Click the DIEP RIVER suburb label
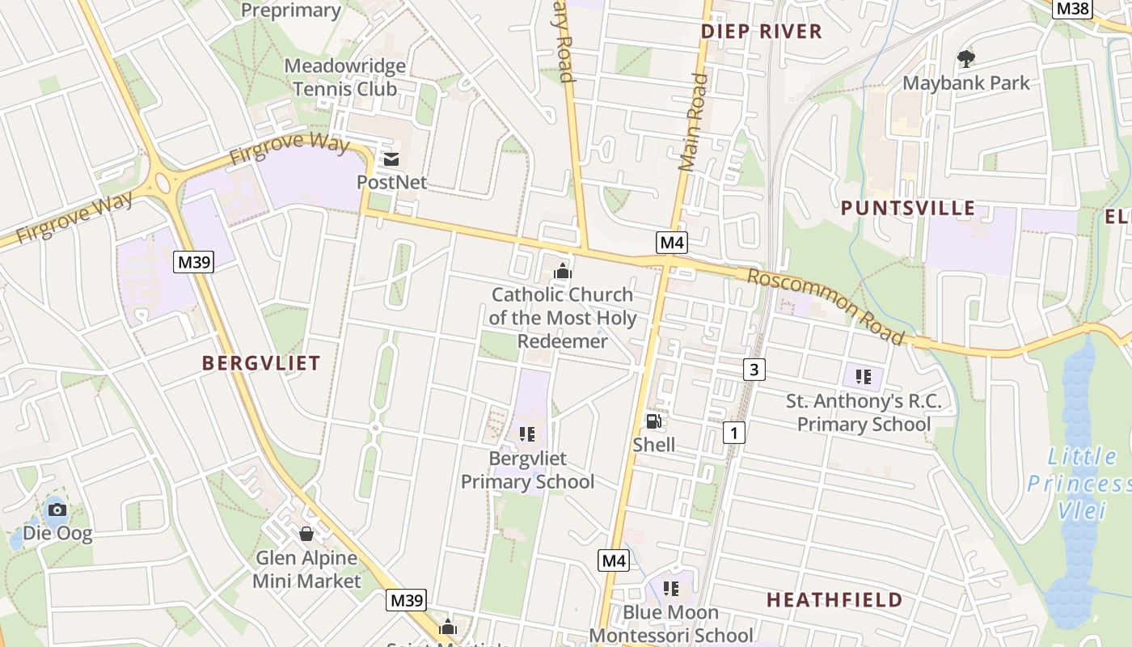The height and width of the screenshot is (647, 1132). click(761, 32)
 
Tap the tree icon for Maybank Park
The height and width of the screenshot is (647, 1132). click(965, 58)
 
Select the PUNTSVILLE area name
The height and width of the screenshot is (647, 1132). click(907, 208)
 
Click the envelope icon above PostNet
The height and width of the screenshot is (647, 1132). click(391, 159)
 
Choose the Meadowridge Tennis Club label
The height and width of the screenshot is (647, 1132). click(345, 77)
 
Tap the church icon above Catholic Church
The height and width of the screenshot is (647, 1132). click(562, 271)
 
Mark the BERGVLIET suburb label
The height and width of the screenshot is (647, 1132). click(261, 363)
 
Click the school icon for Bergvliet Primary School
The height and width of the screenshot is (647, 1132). click(527, 434)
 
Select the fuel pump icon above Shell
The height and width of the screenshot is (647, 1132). click(653, 421)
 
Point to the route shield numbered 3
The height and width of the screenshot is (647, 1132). click(754, 370)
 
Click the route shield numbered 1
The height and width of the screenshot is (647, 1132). click(733, 433)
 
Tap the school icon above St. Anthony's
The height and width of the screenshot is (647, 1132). click(864, 376)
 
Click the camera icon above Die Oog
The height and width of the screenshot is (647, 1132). click(57, 510)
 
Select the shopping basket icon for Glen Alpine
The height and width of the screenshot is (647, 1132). click(306, 534)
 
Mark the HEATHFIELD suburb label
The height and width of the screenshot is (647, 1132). click(834, 600)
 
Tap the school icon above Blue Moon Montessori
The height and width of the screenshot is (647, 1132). click(670, 588)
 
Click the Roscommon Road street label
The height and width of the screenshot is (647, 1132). click(825, 306)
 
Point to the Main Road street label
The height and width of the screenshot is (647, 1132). click(694, 122)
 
